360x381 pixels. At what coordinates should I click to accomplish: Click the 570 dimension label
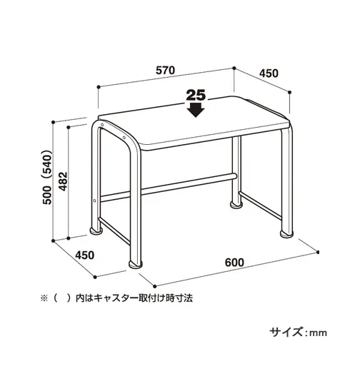pyautogui.click(x=166, y=70)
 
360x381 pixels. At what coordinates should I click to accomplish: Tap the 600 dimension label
pyautogui.click(x=234, y=263)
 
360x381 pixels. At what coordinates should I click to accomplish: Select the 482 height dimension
pyautogui.click(x=64, y=181)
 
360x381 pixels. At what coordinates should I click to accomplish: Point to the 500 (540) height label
pyautogui.click(x=46, y=177)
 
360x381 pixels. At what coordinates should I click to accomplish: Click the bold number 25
pyautogui.click(x=196, y=96)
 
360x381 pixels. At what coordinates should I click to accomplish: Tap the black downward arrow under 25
pyautogui.click(x=196, y=110)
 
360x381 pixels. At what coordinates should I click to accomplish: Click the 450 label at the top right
pyautogui.click(x=269, y=73)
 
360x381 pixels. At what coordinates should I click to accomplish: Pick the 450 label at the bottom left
pyautogui.click(x=85, y=255)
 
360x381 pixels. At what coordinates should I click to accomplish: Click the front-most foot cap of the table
pyautogui.click(x=135, y=265)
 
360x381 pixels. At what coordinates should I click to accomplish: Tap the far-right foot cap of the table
pyautogui.click(x=286, y=234)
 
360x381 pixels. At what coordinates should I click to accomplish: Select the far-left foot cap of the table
pyautogui.click(x=96, y=231)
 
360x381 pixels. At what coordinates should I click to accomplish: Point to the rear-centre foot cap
pyautogui.click(x=236, y=205)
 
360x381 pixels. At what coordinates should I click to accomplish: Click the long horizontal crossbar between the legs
pyautogui.click(x=169, y=188)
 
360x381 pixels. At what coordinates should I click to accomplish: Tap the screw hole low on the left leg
pyautogui.click(x=94, y=200)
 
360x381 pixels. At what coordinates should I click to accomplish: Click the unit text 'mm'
pyautogui.click(x=318, y=333)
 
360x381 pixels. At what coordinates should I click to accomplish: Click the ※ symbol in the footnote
pyautogui.click(x=44, y=298)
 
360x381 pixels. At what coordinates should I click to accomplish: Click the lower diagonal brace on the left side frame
pyautogui.click(x=114, y=231)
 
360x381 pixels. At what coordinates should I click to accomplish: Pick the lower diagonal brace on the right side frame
pyautogui.click(x=260, y=205)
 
